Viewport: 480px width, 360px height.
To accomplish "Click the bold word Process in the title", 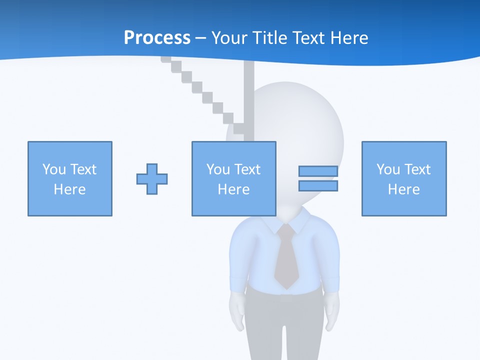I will [x=157, y=38].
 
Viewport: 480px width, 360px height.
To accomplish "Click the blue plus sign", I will [x=152, y=178].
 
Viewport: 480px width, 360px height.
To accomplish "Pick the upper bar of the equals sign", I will [x=318, y=171].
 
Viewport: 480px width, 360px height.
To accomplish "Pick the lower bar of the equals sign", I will [x=318, y=186].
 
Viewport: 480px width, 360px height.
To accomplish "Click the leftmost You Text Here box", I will [x=70, y=178].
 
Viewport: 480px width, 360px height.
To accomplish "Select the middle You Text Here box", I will [x=233, y=178].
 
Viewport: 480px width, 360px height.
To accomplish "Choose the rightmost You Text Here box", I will [x=404, y=178].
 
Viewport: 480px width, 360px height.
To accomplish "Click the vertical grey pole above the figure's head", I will [x=249, y=95].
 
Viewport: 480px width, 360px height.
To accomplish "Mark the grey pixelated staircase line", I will [x=200, y=90].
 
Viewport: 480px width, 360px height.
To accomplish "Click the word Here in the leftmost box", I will [x=70, y=189].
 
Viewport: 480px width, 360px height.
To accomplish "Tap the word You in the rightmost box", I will [x=388, y=169].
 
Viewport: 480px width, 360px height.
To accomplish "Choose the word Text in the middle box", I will [x=247, y=169].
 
